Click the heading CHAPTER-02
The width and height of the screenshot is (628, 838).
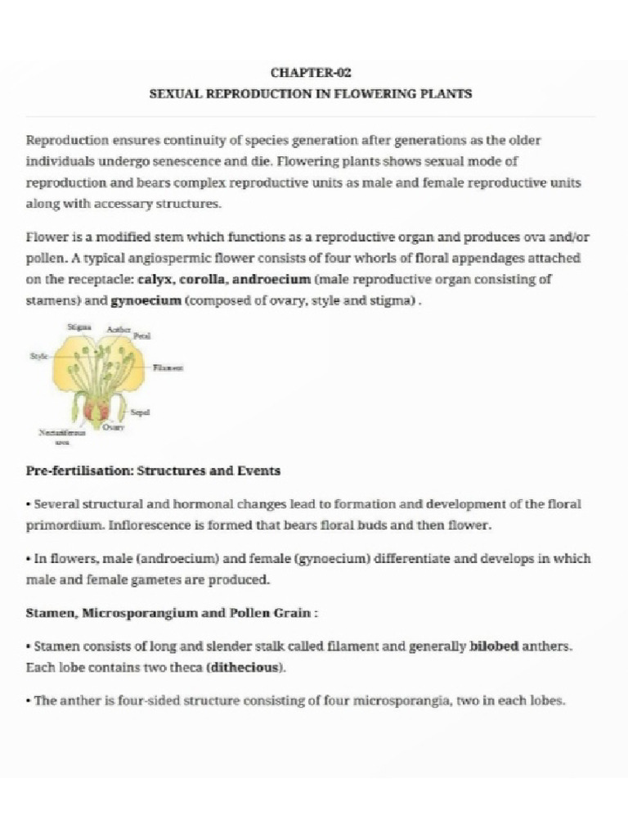[311, 73]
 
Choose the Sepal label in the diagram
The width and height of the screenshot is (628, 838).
[140, 412]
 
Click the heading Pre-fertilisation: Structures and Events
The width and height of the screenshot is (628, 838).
[153, 471]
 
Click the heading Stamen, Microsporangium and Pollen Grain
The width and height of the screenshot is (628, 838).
[169, 613]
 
